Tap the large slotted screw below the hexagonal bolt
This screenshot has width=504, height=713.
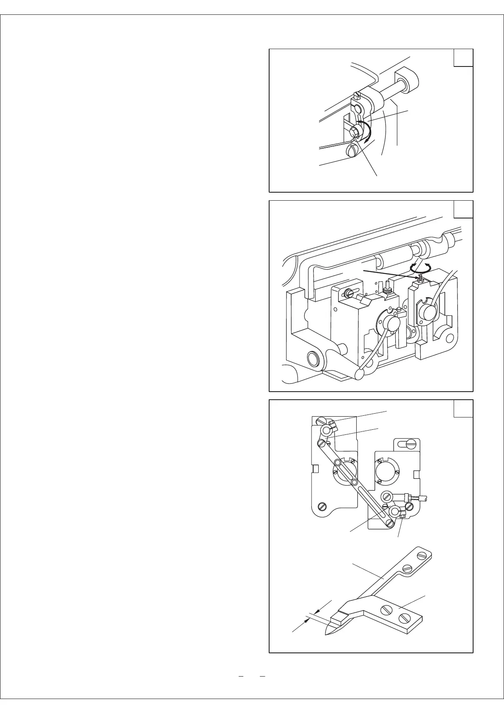353,150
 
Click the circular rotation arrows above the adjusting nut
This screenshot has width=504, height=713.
420,268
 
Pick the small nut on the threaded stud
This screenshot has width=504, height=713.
420,279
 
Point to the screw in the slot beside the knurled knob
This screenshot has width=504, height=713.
348,292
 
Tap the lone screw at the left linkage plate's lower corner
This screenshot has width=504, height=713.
323,505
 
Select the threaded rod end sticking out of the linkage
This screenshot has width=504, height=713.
423,498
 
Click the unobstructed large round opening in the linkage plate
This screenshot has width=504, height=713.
386,470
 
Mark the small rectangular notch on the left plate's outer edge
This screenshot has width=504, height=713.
315,469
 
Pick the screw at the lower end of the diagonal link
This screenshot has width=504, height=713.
389,523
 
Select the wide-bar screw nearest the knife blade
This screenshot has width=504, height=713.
387,611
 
